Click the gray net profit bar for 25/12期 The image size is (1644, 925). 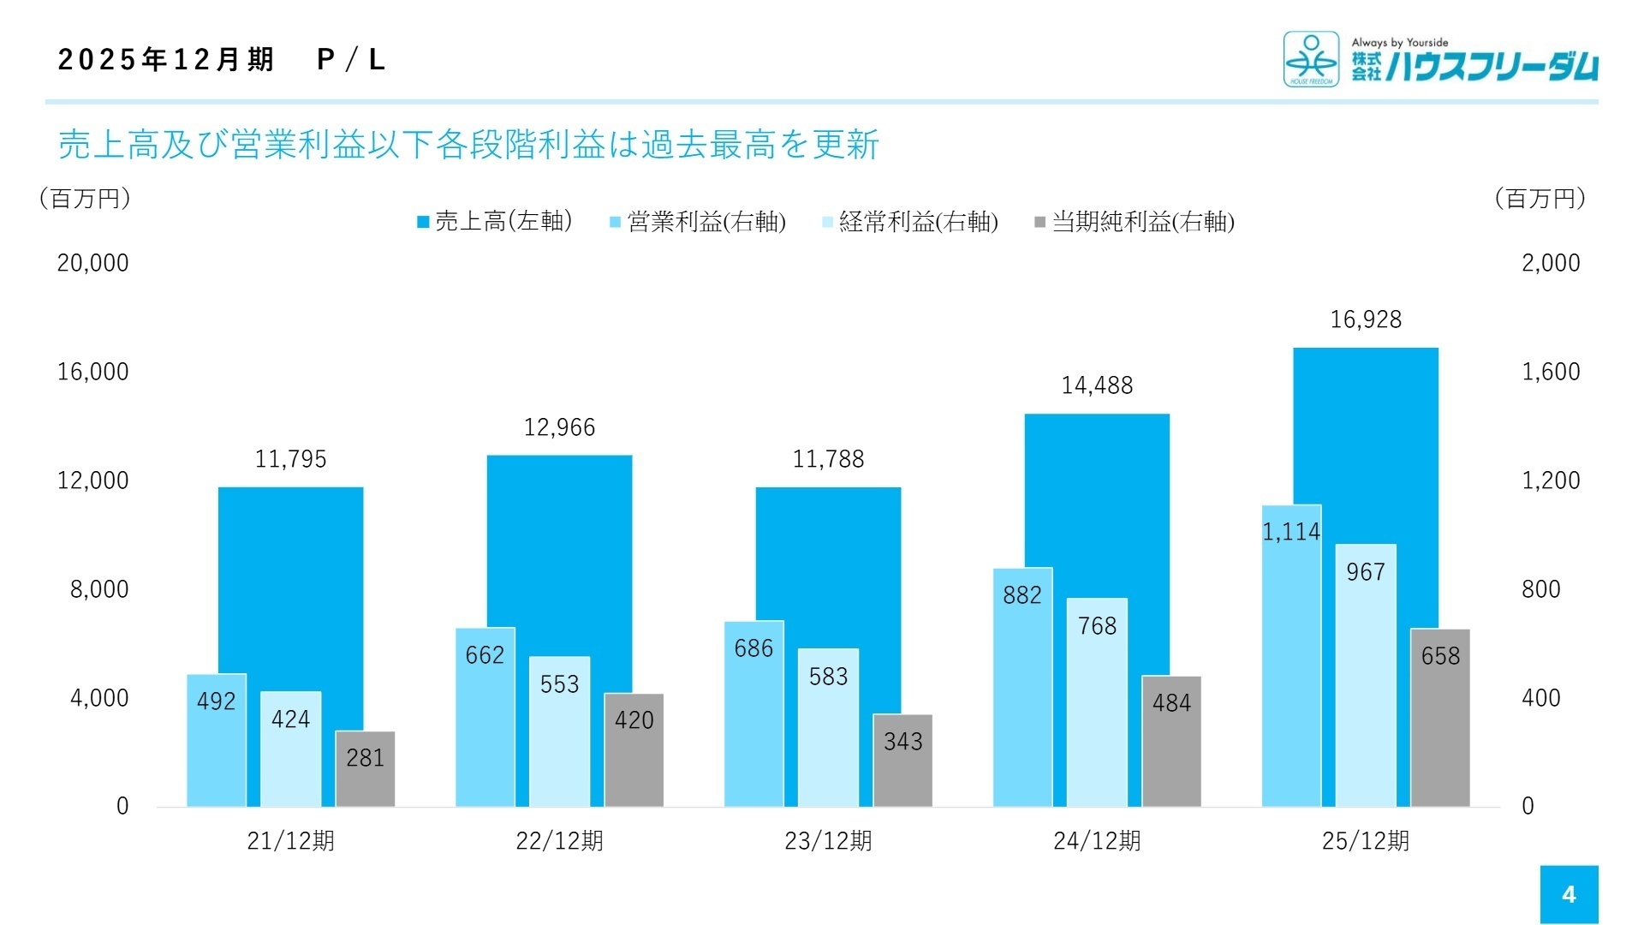point(1440,719)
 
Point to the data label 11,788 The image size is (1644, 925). point(828,459)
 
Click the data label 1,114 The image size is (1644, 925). point(1291,532)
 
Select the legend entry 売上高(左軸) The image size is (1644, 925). point(495,222)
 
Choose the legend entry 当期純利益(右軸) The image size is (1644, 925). point(1135,222)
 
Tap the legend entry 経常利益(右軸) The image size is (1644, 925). point(910,222)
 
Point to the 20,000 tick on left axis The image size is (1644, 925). point(92,263)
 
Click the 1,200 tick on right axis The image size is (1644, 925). point(1551,480)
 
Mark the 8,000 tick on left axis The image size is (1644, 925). point(99,589)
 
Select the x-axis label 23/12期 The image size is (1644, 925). point(828,841)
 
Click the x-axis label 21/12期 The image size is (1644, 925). point(290,841)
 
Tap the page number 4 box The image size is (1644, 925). point(1569,894)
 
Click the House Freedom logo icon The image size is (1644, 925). point(1311,59)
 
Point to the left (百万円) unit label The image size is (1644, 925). point(85,199)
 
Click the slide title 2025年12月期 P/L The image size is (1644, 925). point(222,59)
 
